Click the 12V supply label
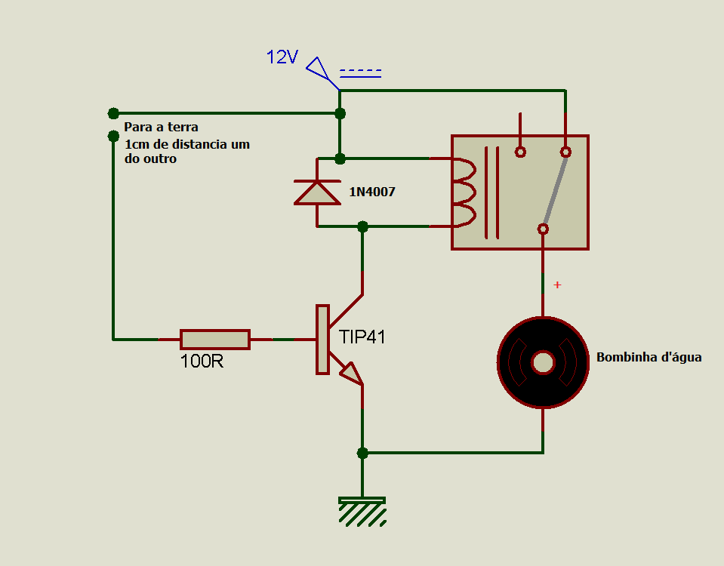pos(282,57)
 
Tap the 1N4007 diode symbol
pos(317,192)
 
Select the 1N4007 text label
pos(372,192)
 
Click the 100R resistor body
pos(215,340)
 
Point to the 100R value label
pos(202,361)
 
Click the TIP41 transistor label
pos(362,337)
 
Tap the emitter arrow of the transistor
pos(352,374)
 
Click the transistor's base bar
pos(322,340)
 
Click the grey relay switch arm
pos(555,191)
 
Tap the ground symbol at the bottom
pos(362,512)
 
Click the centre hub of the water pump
pos(543,362)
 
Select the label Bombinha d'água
pos(649,357)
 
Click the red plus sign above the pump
pos(557,285)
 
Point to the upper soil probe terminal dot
pos(113,113)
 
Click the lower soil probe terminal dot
pos(113,136)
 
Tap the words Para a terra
pos(161,127)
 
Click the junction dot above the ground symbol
pos(362,453)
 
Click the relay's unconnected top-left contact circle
pos(520,152)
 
